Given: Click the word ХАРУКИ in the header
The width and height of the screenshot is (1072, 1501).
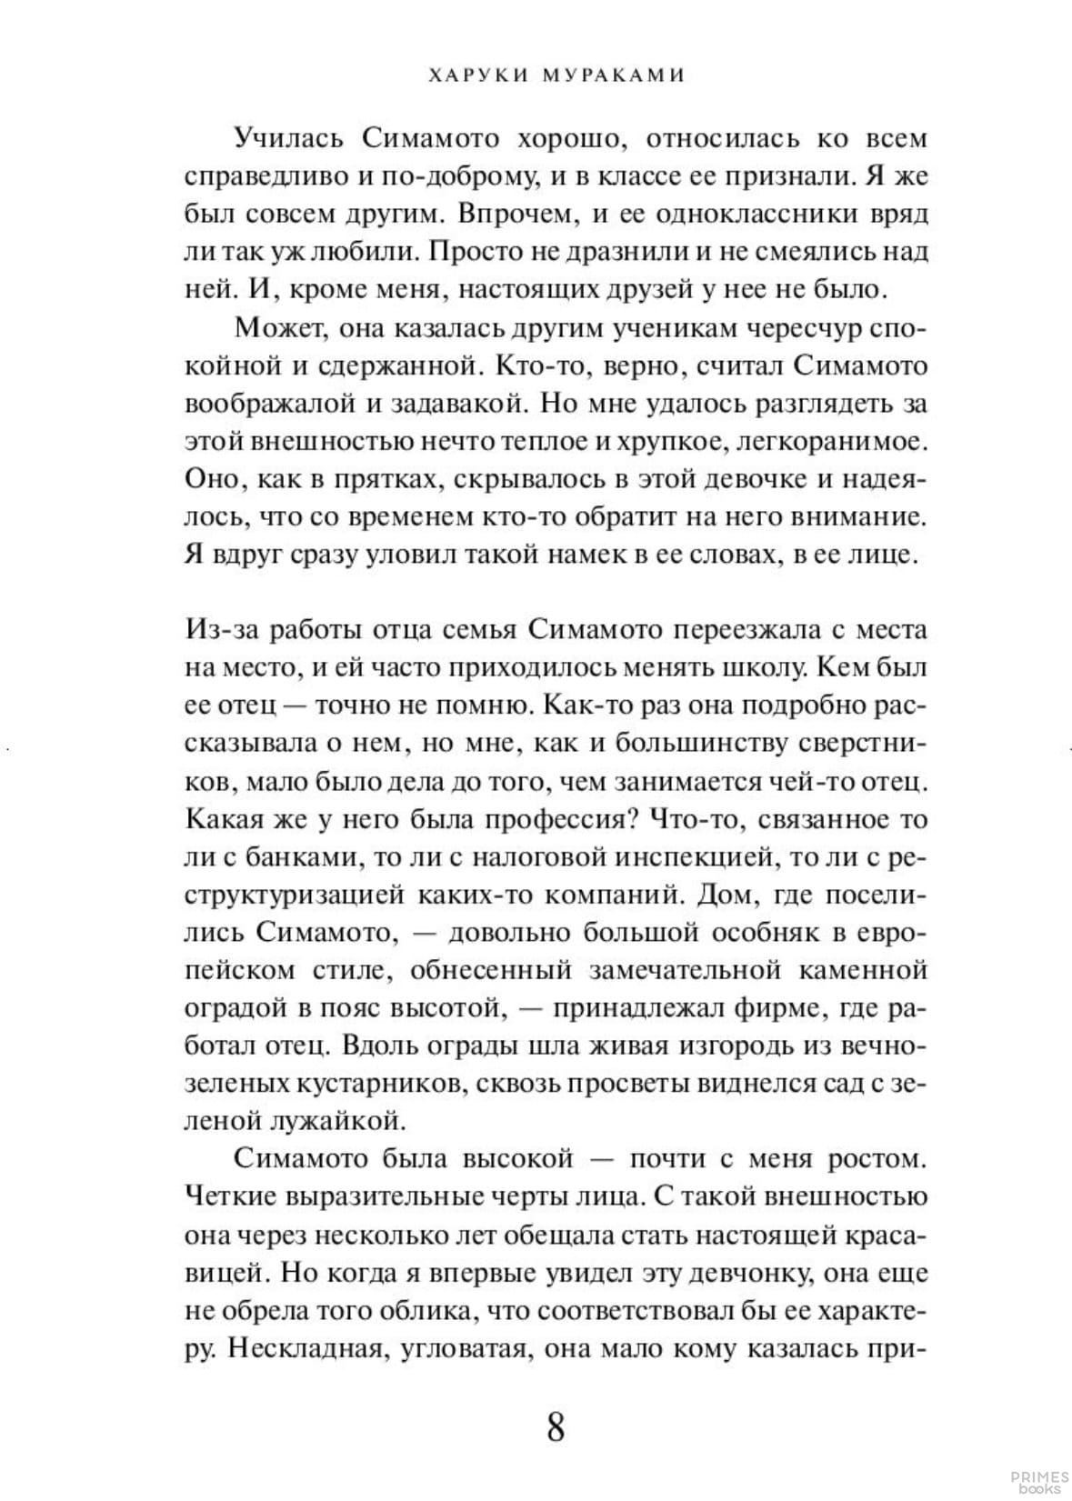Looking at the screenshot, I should [470, 76].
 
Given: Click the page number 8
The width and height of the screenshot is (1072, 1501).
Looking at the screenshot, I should [556, 1426].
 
